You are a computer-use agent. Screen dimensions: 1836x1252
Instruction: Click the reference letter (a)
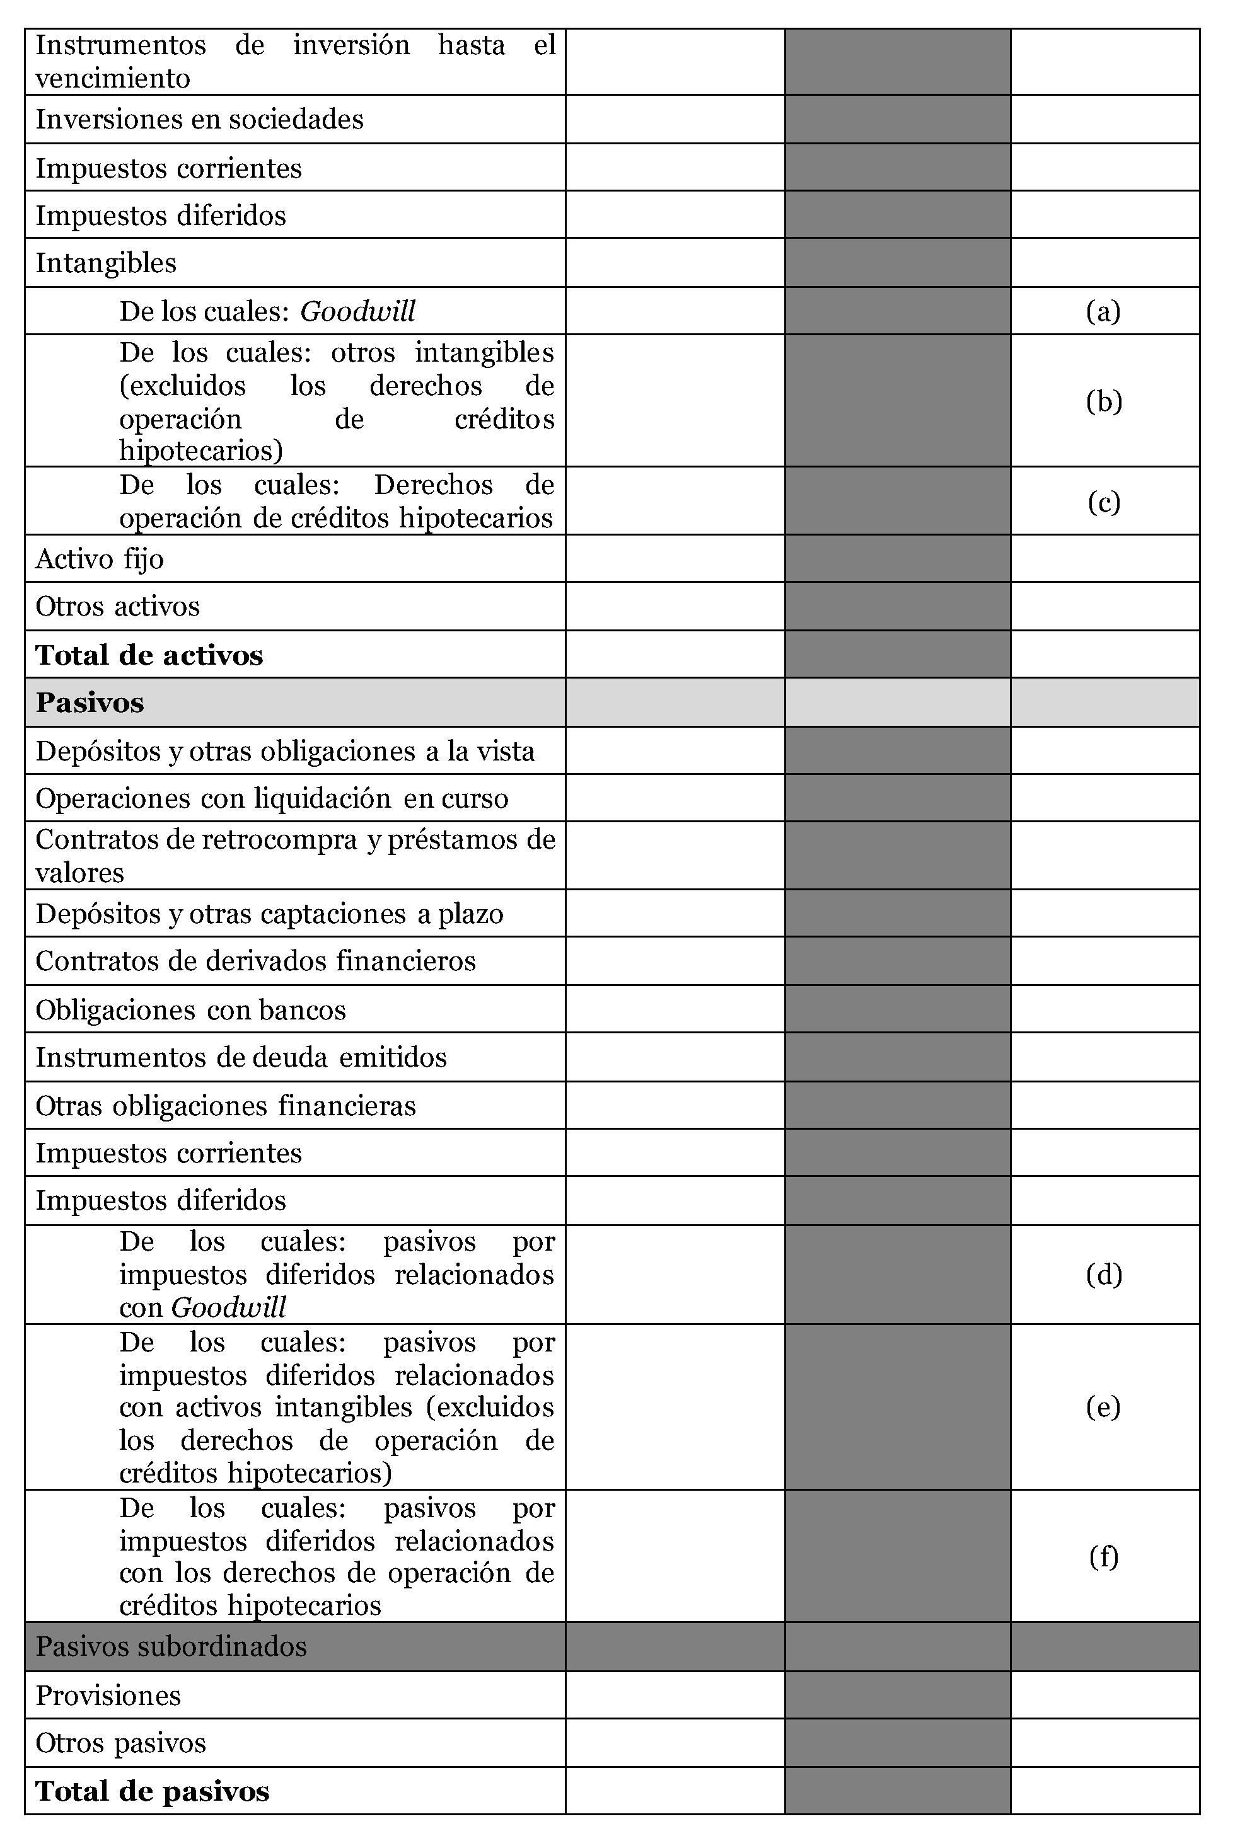click(x=1103, y=311)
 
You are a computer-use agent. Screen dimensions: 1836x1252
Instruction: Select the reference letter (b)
click(x=1103, y=401)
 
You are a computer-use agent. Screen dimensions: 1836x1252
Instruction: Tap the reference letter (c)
click(x=1103, y=502)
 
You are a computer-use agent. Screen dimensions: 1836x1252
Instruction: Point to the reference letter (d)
click(x=1103, y=1274)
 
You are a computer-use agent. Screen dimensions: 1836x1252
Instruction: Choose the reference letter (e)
click(x=1103, y=1407)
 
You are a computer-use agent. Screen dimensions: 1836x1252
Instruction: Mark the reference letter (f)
click(x=1103, y=1556)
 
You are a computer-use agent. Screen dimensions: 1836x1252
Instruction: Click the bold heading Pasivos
click(x=90, y=703)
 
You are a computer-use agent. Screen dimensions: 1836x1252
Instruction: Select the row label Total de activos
click(x=149, y=655)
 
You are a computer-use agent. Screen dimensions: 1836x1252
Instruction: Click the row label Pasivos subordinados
click(x=171, y=1646)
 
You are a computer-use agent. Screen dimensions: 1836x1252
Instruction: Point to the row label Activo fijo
click(x=100, y=558)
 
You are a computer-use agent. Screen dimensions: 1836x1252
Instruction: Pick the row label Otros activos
click(x=117, y=606)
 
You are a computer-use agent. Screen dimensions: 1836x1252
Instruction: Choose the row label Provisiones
click(x=108, y=1695)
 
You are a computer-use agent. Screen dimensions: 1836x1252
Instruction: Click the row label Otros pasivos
click(x=120, y=1742)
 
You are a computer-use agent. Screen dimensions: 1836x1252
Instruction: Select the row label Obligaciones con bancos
click(x=190, y=1009)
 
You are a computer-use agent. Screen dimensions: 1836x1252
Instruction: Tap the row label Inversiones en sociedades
click(x=199, y=119)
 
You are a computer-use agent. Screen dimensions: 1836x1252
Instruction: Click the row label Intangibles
click(x=106, y=262)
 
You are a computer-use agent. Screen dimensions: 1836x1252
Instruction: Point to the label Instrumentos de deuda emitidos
click(x=241, y=1057)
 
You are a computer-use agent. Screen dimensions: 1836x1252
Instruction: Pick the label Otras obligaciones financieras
click(x=225, y=1105)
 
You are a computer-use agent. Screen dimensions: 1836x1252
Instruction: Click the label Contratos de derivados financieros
click(x=255, y=961)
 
